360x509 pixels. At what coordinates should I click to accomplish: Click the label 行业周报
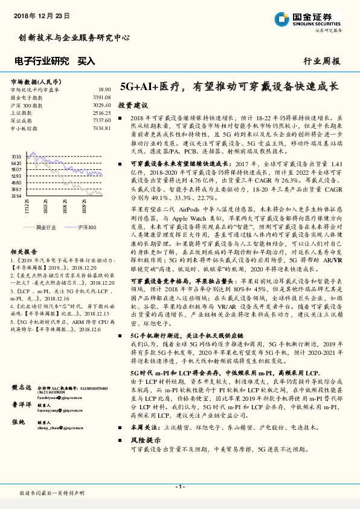[x=321, y=61]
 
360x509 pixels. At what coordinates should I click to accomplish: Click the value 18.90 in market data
[x=104, y=89]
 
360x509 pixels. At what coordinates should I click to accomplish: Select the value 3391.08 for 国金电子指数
[x=101, y=97]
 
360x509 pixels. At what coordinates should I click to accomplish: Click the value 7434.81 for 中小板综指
[x=101, y=128]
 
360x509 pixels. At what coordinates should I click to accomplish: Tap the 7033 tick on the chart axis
[x=16, y=156]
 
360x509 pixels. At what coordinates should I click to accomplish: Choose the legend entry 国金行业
[x=46, y=227]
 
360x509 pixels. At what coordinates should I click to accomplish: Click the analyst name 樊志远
[x=21, y=387]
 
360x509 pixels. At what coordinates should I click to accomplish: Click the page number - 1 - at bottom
[x=179, y=486]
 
